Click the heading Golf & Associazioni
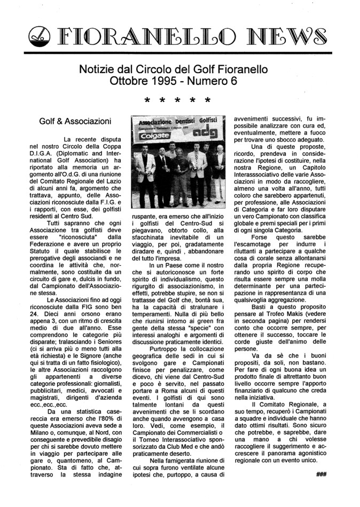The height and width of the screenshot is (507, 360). [x=75, y=122]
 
